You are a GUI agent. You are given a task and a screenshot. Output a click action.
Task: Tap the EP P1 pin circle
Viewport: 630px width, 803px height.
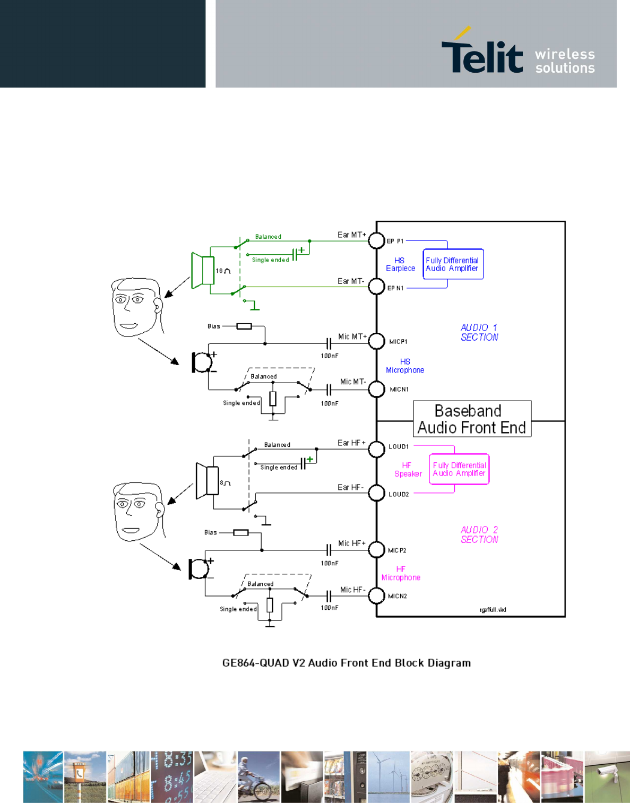coord(376,240)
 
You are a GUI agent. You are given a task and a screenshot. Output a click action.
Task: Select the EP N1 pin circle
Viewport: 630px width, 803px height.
coord(376,287)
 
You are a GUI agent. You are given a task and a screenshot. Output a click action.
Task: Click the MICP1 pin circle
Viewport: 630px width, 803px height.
coord(376,341)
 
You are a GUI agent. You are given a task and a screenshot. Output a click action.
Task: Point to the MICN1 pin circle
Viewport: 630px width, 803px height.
coord(376,389)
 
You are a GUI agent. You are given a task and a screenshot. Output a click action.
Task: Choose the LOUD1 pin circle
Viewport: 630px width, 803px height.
coord(376,450)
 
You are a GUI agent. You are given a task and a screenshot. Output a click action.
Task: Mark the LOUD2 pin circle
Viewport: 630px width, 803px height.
coord(376,493)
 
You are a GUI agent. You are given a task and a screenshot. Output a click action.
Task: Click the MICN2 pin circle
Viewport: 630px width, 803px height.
coord(376,595)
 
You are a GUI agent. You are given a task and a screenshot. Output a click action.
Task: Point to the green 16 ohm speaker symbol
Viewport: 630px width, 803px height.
coord(203,270)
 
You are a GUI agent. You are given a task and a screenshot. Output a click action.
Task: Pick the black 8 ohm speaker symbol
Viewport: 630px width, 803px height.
coord(208,480)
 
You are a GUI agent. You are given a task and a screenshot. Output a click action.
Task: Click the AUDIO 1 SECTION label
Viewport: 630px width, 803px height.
coord(479,332)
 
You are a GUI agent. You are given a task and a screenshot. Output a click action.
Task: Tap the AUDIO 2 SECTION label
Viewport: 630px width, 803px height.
coord(479,534)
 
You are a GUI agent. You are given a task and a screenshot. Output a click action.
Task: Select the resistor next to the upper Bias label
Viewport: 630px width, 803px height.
coord(244,326)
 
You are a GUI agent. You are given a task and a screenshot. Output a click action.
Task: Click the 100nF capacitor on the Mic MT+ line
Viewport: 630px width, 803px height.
coord(329,344)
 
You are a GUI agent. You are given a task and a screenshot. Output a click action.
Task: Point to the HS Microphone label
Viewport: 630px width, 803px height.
coord(405,366)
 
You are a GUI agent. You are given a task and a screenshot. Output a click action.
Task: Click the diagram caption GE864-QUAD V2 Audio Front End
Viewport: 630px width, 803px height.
coord(346,662)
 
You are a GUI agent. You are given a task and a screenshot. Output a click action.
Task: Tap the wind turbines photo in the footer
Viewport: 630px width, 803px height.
coord(389,776)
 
